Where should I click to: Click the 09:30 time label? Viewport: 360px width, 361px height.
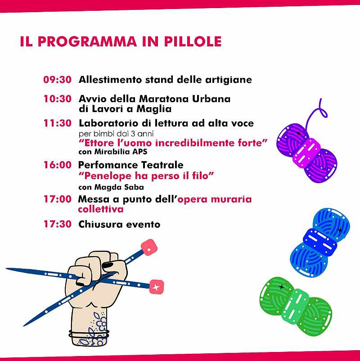click(57, 80)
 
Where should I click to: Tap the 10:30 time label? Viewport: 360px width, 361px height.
click(57, 99)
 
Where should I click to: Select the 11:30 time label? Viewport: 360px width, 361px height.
click(57, 123)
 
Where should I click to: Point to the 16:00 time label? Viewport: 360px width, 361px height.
click(58, 165)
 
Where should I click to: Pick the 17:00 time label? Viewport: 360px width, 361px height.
click(58, 199)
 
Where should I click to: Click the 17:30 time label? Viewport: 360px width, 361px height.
click(58, 224)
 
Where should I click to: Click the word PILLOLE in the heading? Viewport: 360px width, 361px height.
click(193, 41)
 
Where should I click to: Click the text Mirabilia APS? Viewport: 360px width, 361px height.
click(121, 152)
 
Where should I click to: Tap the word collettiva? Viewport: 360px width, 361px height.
click(101, 209)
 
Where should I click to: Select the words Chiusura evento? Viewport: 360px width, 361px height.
click(119, 224)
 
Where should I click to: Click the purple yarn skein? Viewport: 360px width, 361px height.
click(306, 152)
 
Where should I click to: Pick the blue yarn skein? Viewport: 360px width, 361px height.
click(320, 243)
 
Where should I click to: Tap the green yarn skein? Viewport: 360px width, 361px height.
click(296, 306)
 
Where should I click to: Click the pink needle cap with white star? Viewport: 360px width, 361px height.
click(157, 287)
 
